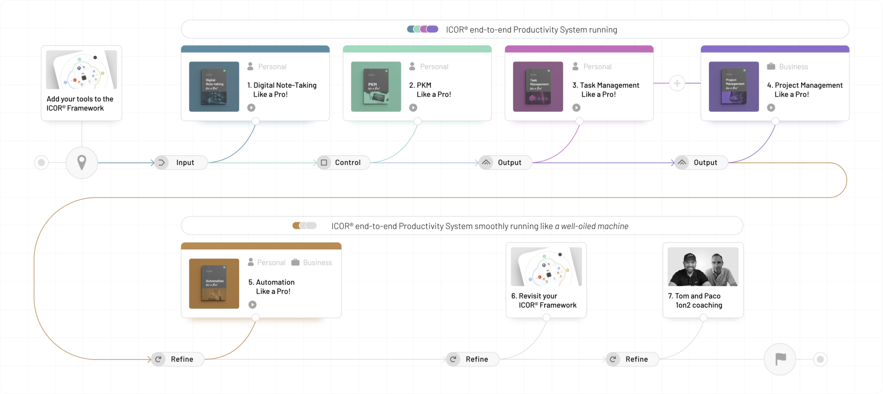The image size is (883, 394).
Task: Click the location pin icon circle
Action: [x=81, y=163]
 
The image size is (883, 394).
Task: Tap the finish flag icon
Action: [x=780, y=359]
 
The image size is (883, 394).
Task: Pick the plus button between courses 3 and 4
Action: [x=677, y=83]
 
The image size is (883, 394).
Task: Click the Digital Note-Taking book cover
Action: [x=214, y=87]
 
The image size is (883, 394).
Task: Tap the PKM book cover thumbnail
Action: [x=376, y=87]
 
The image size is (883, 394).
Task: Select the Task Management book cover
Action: [x=538, y=87]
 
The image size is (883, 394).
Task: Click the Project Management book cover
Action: [x=734, y=87]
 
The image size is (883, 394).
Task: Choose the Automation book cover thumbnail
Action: [x=214, y=284]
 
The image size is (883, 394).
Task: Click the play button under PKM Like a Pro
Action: [x=413, y=108]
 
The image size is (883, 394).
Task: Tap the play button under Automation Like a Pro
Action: [x=252, y=305]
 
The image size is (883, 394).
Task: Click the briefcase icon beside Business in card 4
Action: [x=771, y=66]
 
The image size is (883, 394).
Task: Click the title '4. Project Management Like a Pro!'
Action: [x=805, y=90]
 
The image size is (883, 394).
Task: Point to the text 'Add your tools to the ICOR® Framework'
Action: [x=80, y=103]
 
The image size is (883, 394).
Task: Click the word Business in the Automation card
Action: [x=317, y=263]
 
